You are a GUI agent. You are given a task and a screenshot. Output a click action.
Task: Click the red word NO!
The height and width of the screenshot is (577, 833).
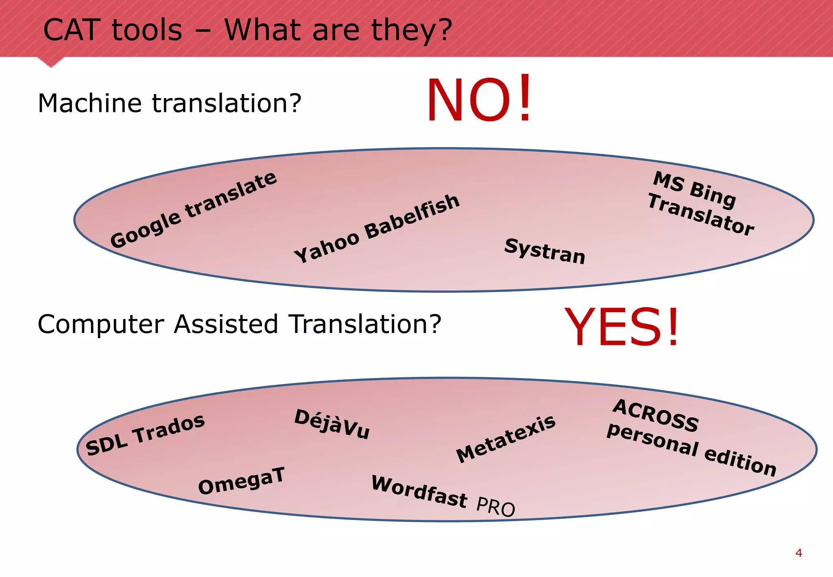point(479,100)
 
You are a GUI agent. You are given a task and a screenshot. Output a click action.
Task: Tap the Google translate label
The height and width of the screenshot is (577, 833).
point(194,210)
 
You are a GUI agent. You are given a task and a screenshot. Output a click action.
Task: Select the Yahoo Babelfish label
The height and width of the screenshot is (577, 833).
point(377,228)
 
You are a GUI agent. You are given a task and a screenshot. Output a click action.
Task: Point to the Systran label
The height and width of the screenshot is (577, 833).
point(545,251)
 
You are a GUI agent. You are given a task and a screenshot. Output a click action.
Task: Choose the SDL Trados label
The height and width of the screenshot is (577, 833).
point(145,434)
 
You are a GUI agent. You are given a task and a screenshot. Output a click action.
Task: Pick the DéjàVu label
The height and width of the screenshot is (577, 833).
point(332,424)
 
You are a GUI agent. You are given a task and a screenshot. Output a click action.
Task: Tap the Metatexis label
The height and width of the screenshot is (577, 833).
point(506,439)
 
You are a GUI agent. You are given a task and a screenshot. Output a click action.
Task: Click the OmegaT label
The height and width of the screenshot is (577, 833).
point(241,481)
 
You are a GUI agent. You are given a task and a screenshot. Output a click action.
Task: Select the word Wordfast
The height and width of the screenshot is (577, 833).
point(419,492)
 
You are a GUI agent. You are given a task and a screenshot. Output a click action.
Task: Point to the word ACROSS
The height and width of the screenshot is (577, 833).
point(656,415)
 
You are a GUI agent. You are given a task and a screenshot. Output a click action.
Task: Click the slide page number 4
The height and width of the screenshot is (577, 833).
point(798,553)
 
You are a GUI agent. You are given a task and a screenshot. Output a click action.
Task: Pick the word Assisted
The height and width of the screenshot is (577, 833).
point(226,324)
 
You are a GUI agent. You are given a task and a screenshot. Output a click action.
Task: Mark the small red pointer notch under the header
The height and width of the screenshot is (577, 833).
point(51,62)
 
